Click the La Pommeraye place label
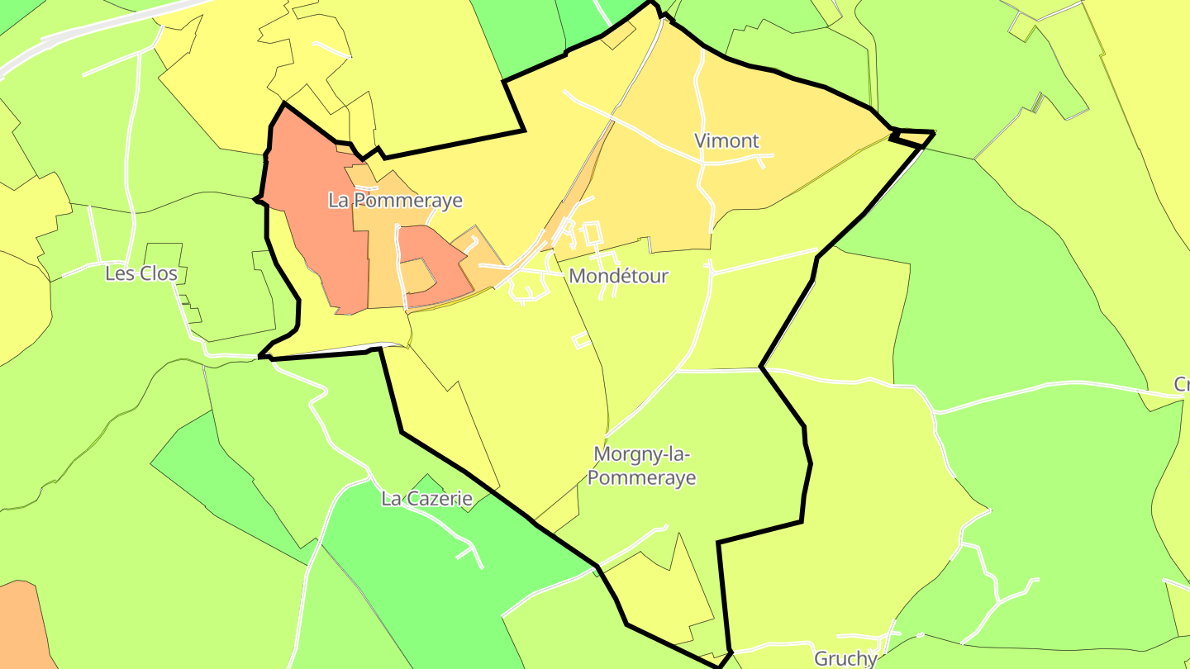395,201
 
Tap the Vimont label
726,141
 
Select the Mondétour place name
618,276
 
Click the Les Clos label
141,273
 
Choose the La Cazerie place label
426,499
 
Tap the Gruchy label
845,658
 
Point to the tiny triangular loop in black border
913,138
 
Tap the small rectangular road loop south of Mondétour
580,339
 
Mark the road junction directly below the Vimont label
703,164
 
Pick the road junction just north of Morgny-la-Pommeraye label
676,371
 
